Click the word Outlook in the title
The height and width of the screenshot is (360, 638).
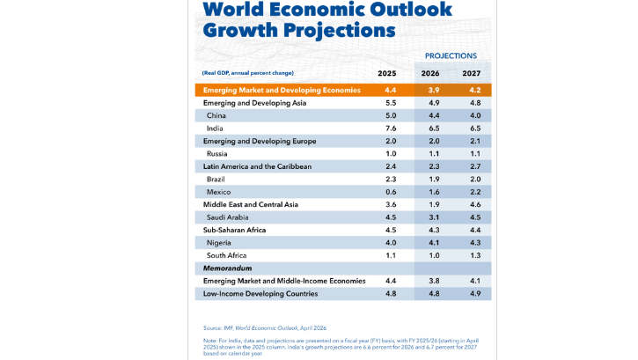click(x=410, y=10)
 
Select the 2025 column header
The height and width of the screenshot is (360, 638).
click(x=387, y=73)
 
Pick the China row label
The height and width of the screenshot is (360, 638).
click(x=216, y=115)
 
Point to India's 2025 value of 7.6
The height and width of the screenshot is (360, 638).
click(x=391, y=129)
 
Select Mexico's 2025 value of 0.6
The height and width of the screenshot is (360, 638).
click(x=391, y=192)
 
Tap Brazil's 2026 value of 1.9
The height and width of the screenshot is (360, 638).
click(x=433, y=179)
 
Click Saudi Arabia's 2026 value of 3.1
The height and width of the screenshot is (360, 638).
click(x=433, y=217)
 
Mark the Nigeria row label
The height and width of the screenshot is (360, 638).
click(x=220, y=243)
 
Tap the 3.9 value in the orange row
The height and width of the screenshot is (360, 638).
click(x=433, y=90)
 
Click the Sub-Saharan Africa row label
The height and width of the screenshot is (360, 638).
click(x=234, y=230)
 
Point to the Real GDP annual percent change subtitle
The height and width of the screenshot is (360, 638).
click(x=249, y=73)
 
